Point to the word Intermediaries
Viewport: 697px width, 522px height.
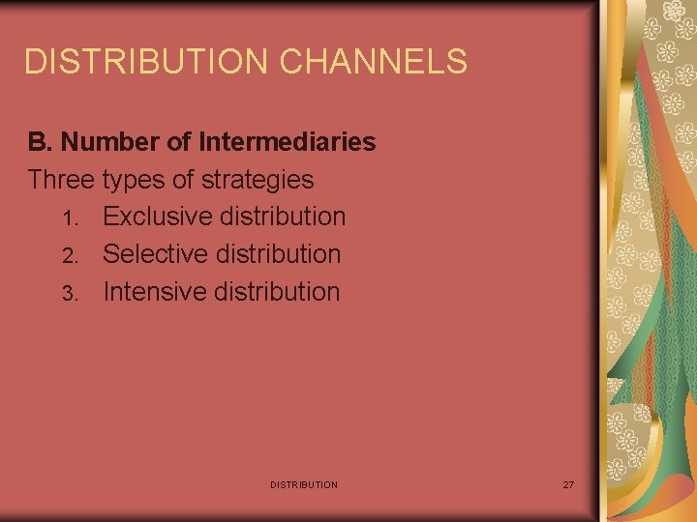click(x=287, y=142)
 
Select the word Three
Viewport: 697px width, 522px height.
click(x=61, y=180)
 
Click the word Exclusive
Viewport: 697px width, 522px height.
click(x=157, y=217)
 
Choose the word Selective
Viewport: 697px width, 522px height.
click(x=156, y=254)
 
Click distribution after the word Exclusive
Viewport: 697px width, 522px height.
click(x=283, y=217)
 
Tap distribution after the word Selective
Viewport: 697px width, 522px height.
click(x=280, y=254)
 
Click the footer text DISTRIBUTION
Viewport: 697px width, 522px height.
click(x=304, y=484)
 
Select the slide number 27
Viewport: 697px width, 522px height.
click(x=568, y=484)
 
